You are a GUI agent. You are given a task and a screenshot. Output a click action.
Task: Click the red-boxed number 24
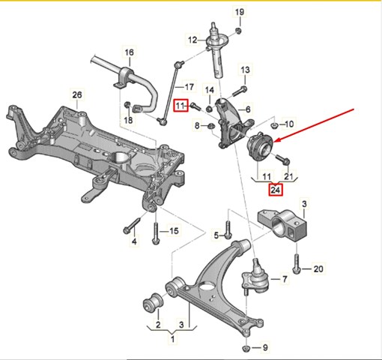tap(276, 189)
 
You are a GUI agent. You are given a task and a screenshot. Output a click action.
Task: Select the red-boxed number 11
tap(180, 106)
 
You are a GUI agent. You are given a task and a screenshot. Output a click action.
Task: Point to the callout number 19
tap(240, 13)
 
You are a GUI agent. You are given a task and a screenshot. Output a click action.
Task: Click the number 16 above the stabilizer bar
tap(129, 52)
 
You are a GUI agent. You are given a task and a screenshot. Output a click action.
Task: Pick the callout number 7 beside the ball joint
tap(284, 279)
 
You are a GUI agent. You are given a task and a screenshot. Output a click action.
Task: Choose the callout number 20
tap(318, 268)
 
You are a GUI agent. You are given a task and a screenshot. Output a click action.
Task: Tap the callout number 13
tap(244, 70)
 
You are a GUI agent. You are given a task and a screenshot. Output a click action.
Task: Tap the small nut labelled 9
tap(247, 347)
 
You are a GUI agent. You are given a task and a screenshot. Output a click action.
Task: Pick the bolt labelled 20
tap(298, 265)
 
